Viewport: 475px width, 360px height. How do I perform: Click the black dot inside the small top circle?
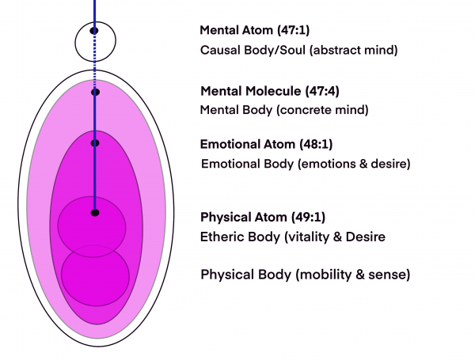tap(94, 31)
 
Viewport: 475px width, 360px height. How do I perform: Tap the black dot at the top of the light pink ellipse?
tap(95, 93)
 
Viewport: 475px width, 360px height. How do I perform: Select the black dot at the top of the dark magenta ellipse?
tap(95, 143)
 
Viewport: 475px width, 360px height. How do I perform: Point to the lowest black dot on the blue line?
tap(95, 212)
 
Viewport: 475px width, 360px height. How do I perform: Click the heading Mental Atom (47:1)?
tap(254, 31)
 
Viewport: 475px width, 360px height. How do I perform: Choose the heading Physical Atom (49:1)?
tap(263, 217)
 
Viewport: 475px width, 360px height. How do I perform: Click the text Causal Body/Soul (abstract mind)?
tap(298, 50)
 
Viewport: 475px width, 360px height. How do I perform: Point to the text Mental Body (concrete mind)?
tap(284, 110)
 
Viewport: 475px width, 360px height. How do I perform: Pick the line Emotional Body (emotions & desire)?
tap(305, 164)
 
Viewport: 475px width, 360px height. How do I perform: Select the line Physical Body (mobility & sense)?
tap(305, 275)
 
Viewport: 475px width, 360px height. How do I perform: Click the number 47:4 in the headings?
tap(328, 91)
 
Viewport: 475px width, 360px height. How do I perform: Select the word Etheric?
tap(222, 236)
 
